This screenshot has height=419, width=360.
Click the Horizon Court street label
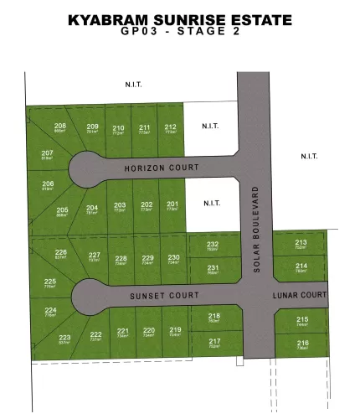[155, 167]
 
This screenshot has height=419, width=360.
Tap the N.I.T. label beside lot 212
[209, 127]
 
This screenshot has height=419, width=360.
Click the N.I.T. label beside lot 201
[209, 202]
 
